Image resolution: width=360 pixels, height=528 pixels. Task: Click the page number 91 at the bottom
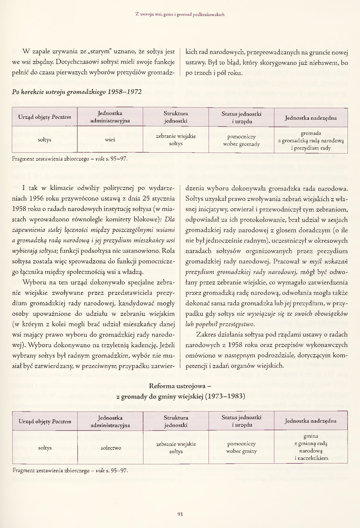coord(180,514)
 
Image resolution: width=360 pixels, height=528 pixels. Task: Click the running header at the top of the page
coord(180,14)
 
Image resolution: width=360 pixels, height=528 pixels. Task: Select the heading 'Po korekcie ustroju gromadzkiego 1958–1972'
coord(77,92)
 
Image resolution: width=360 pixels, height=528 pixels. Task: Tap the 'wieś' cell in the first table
coord(110,140)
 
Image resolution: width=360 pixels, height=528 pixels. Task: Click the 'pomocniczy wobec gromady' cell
coord(241,140)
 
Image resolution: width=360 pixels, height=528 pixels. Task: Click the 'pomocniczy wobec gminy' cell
coord(241,447)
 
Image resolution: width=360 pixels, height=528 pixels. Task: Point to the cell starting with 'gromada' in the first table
coord(311,140)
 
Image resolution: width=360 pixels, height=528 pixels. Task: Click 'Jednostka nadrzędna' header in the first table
coord(311,118)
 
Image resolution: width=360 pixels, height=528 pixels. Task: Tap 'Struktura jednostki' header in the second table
coord(176,421)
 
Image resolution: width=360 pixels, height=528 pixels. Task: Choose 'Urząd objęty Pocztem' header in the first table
coord(45,117)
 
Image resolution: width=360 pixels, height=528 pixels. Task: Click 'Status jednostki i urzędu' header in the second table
coord(241,421)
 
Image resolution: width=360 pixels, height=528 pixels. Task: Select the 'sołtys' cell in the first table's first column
coord(45,140)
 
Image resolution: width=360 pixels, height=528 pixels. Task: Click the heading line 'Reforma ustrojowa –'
coord(180,386)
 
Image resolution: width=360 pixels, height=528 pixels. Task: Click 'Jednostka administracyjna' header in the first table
coord(110,117)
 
